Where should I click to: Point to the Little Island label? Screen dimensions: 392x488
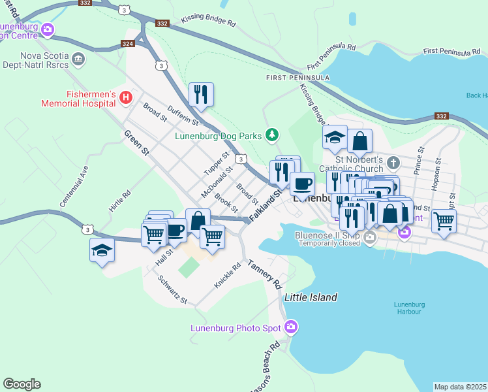311,297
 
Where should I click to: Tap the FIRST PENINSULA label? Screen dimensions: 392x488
294,78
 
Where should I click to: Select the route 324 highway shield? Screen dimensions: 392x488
129,44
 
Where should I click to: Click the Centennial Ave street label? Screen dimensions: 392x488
74,190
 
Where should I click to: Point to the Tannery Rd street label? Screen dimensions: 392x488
264,274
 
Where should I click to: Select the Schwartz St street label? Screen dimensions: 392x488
173,289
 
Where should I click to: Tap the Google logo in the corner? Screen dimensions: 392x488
22,384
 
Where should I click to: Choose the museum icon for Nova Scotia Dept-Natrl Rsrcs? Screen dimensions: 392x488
79,60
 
